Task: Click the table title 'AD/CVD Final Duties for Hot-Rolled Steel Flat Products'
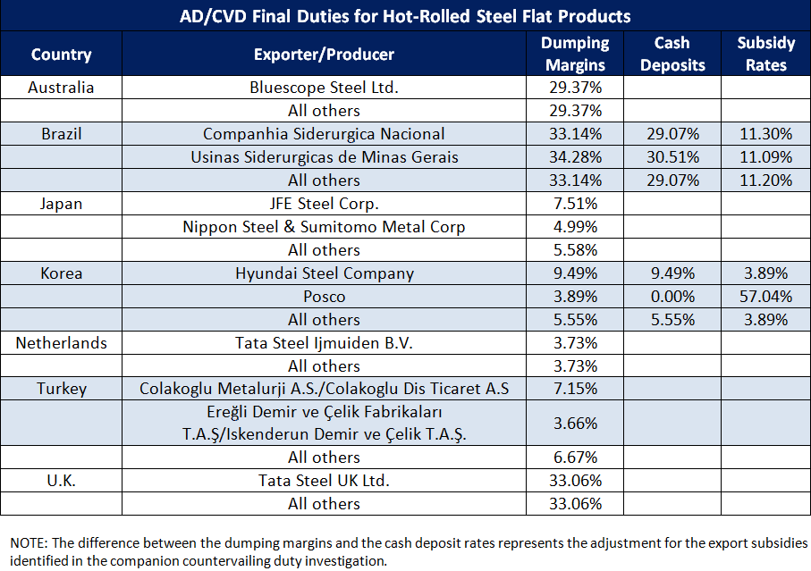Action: point(405,16)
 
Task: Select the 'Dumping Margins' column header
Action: point(575,54)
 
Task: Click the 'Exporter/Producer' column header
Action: point(324,55)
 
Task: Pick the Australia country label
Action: point(61,88)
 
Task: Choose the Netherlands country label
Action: point(61,343)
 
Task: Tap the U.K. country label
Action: point(61,481)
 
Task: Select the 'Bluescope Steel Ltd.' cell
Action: point(324,88)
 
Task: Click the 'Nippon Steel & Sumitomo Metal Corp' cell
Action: point(324,227)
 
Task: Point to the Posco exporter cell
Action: point(324,297)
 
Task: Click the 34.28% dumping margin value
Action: point(575,157)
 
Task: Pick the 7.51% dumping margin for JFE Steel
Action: point(575,204)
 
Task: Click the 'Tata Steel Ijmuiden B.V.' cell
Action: point(324,343)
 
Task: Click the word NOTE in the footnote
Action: point(30,544)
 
